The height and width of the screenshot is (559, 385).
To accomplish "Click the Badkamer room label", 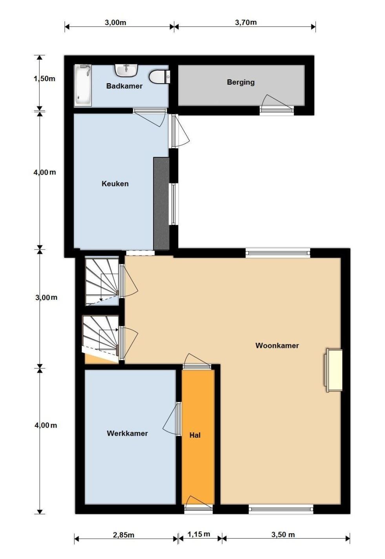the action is click(x=124, y=86).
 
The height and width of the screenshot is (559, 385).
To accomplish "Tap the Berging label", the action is click(x=241, y=82).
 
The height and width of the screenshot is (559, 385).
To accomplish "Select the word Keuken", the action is click(x=115, y=184).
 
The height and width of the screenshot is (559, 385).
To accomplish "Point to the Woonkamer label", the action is click(x=277, y=346).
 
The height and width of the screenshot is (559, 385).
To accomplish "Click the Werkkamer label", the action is click(x=127, y=433).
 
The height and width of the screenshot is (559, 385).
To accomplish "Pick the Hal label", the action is click(x=195, y=435).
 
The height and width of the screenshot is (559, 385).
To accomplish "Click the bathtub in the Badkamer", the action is click(x=83, y=85).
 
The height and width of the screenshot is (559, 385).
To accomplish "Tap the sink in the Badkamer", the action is click(x=127, y=70).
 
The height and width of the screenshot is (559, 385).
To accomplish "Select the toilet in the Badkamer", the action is click(x=160, y=76).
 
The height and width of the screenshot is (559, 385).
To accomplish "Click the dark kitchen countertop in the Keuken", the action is click(x=161, y=203).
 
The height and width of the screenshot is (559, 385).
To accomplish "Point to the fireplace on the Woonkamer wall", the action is click(x=333, y=370).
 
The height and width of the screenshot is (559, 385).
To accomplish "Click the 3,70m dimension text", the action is click(x=246, y=22).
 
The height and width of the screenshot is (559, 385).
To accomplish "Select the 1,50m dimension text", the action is click(x=44, y=79).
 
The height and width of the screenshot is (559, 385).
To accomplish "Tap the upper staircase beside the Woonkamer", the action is click(x=102, y=282).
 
